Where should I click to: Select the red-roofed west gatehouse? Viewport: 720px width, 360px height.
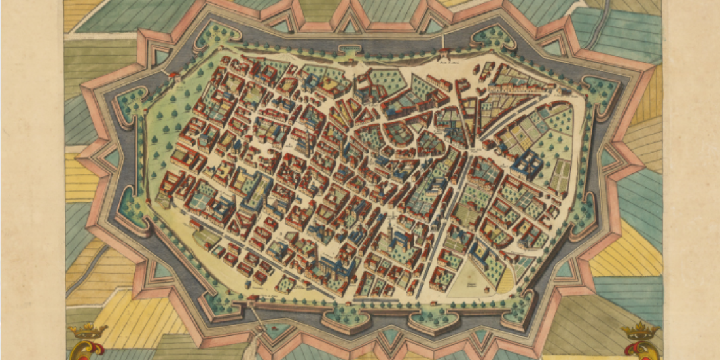173,77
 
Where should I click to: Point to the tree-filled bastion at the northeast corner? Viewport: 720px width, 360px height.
599,92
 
